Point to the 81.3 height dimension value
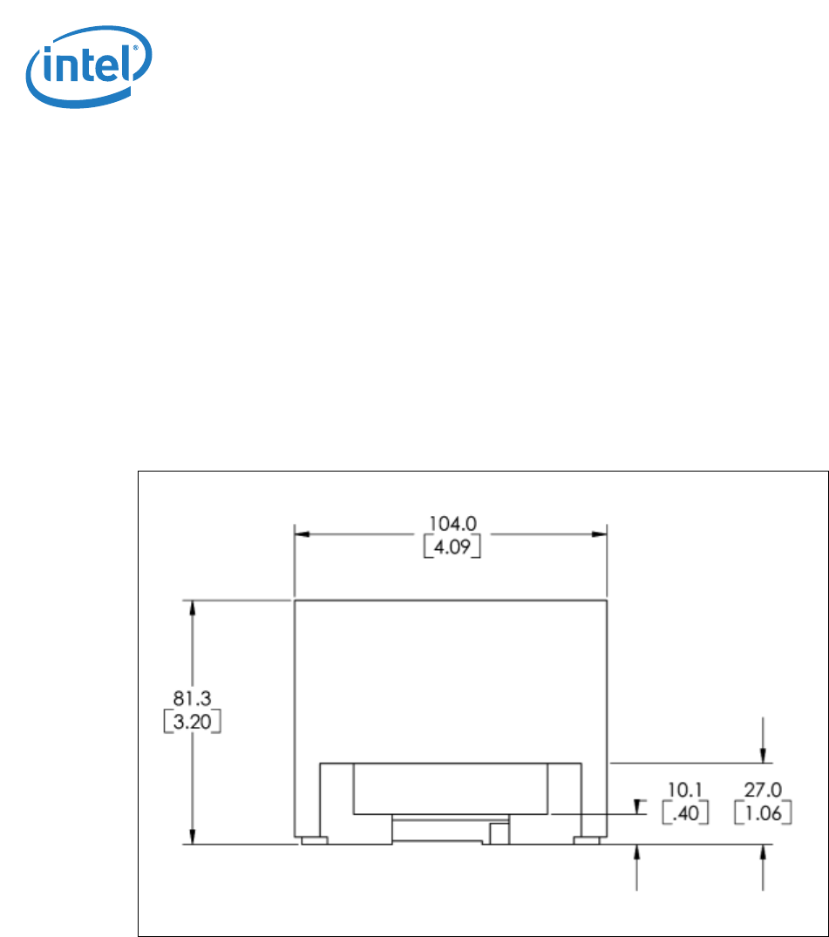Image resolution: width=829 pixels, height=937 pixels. click(192, 696)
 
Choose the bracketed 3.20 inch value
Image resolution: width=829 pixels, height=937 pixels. click(192, 722)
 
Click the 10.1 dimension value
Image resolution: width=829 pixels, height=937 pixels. click(684, 788)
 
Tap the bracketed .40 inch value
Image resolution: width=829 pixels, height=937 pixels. click(684, 813)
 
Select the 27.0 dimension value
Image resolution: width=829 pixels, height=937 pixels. click(764, 788)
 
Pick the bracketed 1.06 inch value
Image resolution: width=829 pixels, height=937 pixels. click(764, 813)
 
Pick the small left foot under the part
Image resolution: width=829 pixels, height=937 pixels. click(313, 840)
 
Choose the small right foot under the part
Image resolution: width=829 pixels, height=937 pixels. click(587, 840)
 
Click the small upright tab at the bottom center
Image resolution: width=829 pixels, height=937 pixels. click(498, 833)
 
